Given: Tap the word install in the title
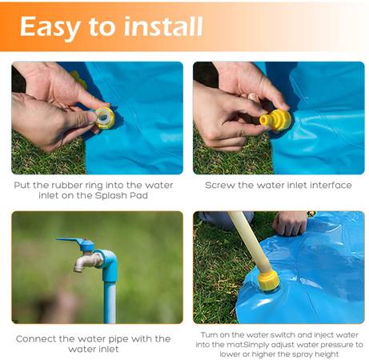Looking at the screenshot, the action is pos(163,26).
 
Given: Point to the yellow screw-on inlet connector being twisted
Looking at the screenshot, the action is pos(275,120).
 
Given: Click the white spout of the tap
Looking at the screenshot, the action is pos(86,262).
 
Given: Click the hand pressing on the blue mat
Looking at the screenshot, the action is pos(291,222).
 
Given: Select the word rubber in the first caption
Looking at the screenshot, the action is pos(66,185).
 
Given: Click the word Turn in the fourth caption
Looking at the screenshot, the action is pos(210,335).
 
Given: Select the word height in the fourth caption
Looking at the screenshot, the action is pos(327,354).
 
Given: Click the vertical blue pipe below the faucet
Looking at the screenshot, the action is pos(110,302).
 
